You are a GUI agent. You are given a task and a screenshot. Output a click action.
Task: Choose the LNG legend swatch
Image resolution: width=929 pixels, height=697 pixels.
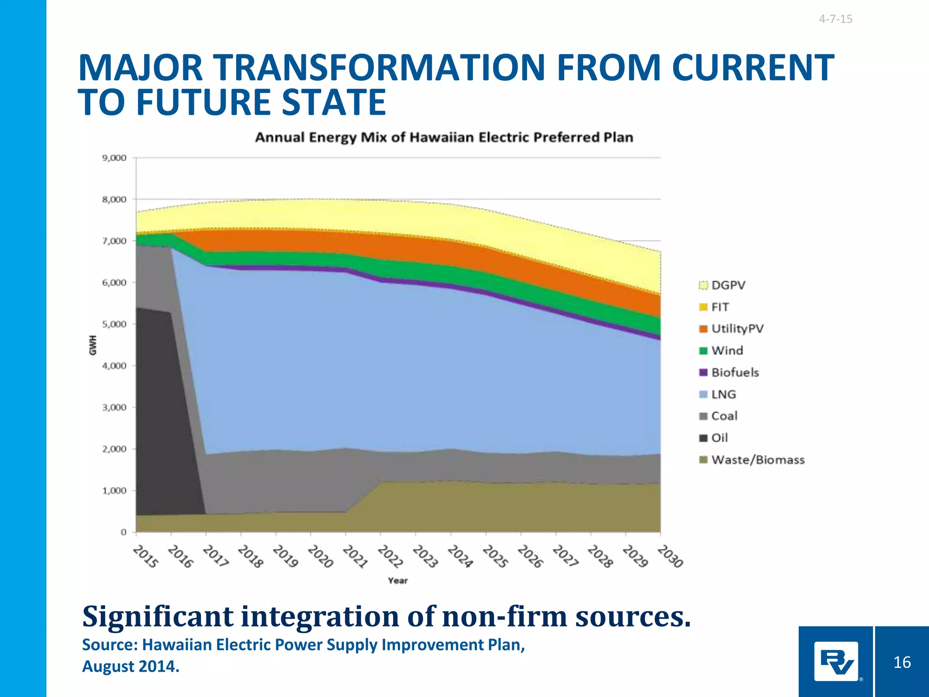tap(704, 394)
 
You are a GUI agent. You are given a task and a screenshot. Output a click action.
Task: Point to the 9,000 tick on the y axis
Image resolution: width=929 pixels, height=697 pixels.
tap(114, 158)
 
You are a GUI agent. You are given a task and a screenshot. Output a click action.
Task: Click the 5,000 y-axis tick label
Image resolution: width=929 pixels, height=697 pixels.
tap(114, 324)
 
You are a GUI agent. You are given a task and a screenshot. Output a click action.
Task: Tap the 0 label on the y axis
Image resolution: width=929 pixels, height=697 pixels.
tap(123, 532)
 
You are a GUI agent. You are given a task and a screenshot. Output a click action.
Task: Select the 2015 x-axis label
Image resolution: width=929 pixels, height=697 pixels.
tap(146, 557)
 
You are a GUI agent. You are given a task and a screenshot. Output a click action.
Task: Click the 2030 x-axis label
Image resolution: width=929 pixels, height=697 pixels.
tap(670, 557)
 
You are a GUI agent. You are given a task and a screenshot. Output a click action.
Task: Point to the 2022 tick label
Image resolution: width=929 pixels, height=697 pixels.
tap(391, 557)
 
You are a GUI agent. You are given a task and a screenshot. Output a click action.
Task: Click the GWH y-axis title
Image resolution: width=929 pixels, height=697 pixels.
tap(93, 345)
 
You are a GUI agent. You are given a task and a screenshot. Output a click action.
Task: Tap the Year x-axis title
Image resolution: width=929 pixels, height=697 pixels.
tap(398, 580)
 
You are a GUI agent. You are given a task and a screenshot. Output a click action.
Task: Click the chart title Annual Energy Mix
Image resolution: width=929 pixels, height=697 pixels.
tap(444, 137)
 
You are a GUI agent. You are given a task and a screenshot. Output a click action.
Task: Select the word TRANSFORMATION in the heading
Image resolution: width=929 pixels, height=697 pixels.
tap(379, 68)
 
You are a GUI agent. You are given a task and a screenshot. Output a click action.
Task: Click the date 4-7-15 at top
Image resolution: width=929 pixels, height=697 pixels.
tap(835, 19)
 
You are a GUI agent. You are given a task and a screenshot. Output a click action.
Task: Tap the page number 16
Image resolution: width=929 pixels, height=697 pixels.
tap(902, 662)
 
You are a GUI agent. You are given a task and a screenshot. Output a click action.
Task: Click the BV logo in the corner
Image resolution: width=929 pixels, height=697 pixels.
tap(836, 662)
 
